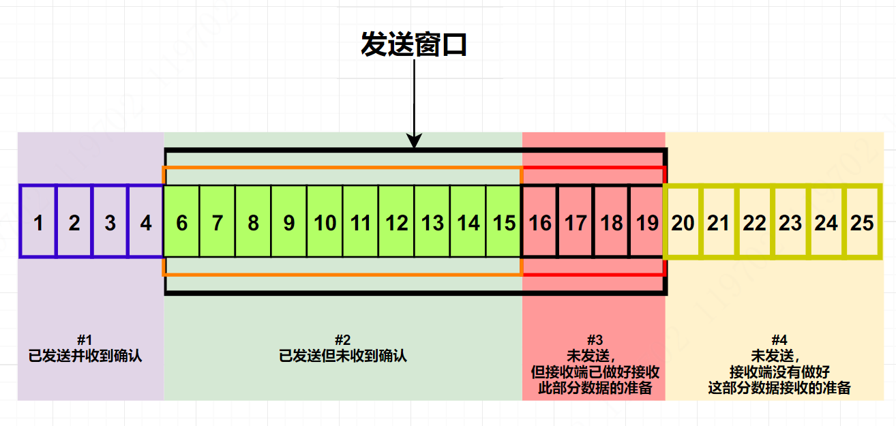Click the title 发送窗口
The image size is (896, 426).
tap(413, 45)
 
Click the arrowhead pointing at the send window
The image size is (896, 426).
tap(413, 142)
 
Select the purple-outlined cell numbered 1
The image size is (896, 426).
tap(38, 222)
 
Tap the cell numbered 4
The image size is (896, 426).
tap(146, 222)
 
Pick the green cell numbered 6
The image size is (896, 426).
tap(181, 222)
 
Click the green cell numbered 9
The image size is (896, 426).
tap(289, 222)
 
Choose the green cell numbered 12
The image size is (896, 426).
tap(397, 222)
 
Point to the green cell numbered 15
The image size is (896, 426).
tap(505, 222)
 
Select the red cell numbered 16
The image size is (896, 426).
tap(540, 222)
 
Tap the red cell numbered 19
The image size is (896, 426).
tap(646, 222)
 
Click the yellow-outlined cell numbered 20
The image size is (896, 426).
tap(683, 222)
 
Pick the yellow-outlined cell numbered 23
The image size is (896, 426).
tap(790, 222)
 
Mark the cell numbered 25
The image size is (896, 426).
tap(863, 222)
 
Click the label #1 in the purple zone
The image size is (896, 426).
tap(85, 339)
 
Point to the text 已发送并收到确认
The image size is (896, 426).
tap(85, 355)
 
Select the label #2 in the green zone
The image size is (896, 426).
tap(342, 339)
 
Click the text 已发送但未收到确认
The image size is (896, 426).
tap(343, 355)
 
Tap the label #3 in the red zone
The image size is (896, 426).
tap(595, 339)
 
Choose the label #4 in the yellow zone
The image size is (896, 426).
tap(779, 339)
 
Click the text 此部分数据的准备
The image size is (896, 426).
tap(595, 388)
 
